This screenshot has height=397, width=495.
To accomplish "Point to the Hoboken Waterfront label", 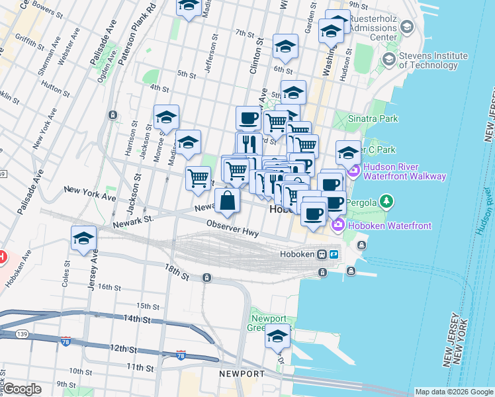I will [390, 226].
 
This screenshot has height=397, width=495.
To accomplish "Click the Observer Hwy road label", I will [232, 230].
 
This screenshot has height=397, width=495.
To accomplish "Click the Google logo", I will [22, 389].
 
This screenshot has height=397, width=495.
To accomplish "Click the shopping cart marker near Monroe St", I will [199, 178].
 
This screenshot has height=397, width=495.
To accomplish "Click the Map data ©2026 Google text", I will [453, 392].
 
